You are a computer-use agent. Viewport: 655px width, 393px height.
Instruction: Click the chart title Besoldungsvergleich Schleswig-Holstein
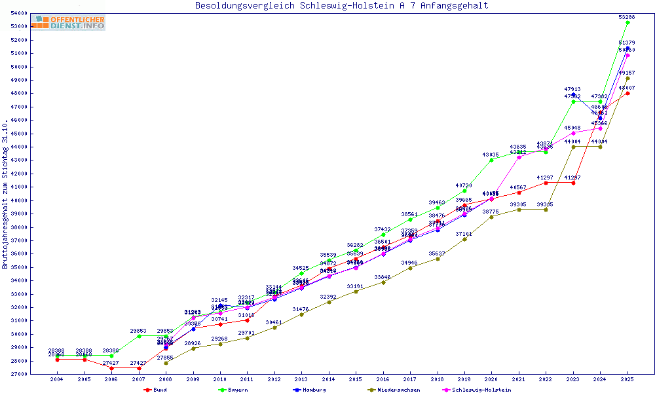click(x=341, y=6)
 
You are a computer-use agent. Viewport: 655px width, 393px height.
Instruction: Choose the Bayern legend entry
click(x=237, y=390)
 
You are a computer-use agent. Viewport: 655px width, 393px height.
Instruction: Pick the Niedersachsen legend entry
click(x=400, y=390)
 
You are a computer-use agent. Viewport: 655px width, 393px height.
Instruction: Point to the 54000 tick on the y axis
click(x=19, y=13)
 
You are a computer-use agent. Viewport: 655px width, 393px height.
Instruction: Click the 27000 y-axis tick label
click(x=19, y=374)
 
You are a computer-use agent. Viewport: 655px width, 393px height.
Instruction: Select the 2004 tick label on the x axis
click(x=58, y=379)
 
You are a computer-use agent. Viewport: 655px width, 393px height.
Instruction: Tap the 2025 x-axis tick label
click(x=627, y=379)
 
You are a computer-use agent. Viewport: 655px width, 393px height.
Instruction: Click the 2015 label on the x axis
click(x=356, y=379)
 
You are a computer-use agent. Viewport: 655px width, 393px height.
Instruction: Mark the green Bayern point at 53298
click(x=627, y=22)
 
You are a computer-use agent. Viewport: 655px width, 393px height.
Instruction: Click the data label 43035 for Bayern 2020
click(x=491, y=155)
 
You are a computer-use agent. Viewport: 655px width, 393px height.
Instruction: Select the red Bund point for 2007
click(x=139, y=368)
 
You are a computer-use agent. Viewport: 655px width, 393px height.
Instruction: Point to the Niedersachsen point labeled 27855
click(x=166, y=363)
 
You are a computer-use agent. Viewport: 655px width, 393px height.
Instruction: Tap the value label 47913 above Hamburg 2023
click(x=572, y=88)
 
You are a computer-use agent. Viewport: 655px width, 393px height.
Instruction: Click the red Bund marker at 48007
click(x=627, y=93)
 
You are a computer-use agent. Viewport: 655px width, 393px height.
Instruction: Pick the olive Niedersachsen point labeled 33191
click(x=356, y=291)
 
